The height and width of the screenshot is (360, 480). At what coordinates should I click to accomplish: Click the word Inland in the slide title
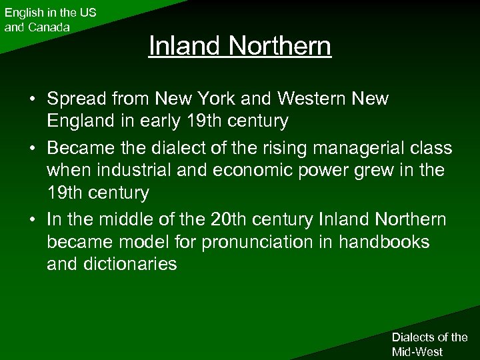tap(185, 46)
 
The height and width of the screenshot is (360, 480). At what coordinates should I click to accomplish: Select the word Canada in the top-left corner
tap(47, 27)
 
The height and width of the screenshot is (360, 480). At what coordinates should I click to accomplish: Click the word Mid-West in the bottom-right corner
tap(417, 351)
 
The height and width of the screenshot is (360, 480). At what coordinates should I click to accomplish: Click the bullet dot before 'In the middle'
tap(31, 219)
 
